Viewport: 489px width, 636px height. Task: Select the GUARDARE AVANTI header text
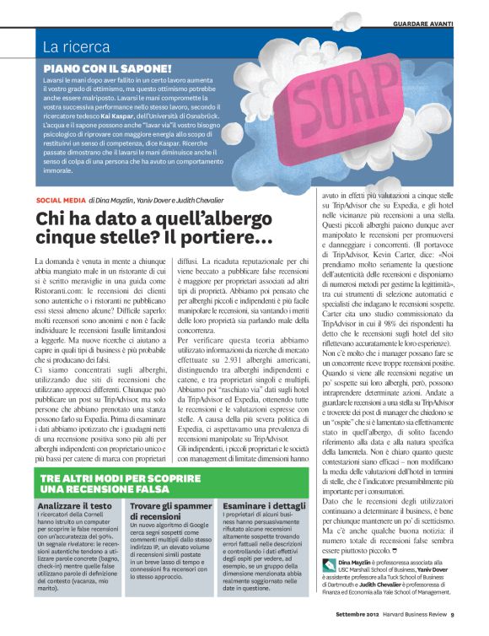point(440,24)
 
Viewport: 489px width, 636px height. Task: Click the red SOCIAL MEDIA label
point(60,200)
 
